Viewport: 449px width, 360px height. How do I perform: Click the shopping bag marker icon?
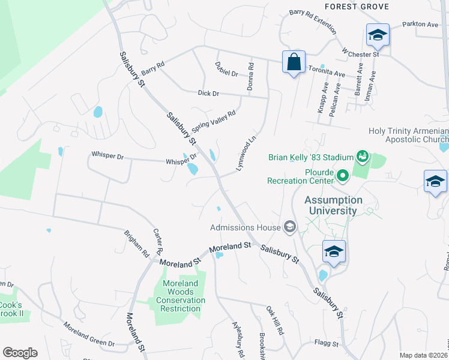(x=294, y=62)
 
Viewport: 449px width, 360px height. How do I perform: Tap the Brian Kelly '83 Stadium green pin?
(x=362, y=157)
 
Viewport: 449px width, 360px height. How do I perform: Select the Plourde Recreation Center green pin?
(x=343, y=176)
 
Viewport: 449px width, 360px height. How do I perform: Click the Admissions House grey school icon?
(x=289, y=226)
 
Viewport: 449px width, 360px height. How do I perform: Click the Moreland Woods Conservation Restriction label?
(x=181, y=296)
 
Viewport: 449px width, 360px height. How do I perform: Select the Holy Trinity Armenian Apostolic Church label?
(x=408, y=136)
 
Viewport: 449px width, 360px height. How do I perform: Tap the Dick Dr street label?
(x=208, y=94)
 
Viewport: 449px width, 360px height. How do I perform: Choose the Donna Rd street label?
(x=251, y=77)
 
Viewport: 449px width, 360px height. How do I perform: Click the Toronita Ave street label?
(x=327, y=73)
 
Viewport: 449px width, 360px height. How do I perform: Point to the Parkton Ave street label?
(x=421, y=25)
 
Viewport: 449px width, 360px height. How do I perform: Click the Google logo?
(x=20, y=353)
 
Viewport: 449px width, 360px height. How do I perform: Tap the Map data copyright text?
(x=424, y=355)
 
